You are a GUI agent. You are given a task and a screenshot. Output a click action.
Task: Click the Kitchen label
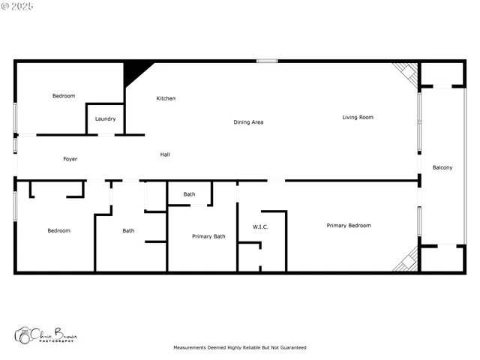[166, 98]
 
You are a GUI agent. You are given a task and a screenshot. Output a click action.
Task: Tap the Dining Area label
[248, 121]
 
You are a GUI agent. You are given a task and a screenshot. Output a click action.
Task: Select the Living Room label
[358, 117]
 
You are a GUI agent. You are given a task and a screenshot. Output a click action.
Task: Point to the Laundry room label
[105, 118]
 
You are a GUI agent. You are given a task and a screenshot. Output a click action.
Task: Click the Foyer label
[70, 159]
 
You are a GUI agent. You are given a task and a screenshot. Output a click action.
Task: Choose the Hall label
[165, 154]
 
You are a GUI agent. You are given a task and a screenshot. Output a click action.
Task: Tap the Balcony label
[442, 167]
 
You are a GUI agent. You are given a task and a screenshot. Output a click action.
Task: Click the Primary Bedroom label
[349, 225]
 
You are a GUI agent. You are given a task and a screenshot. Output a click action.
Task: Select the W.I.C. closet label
[261, 226]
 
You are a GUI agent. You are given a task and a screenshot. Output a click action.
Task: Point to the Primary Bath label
[208, 236]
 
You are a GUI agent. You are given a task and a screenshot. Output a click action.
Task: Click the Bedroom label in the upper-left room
[64, 95]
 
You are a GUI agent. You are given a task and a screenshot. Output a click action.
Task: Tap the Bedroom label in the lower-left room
[58, 230]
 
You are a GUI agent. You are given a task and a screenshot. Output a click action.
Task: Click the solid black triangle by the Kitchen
[134, 72]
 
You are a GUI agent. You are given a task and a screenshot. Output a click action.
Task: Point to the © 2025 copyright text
[19, 6]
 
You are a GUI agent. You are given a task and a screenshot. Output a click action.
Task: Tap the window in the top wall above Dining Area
[266, 61]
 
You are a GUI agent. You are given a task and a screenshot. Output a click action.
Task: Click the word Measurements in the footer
[189, 347]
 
